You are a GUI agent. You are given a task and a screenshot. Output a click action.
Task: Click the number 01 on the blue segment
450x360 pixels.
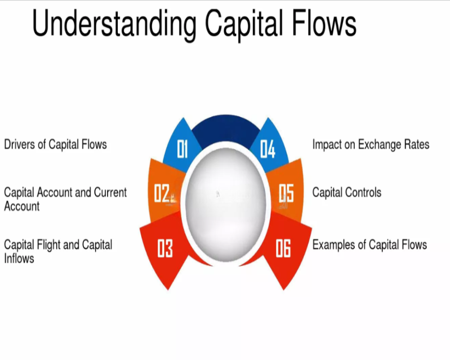pyautogui.click(x=182, y=149)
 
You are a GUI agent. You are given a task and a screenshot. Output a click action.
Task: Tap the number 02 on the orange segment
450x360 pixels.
pyautogui.click(x=162, y=193)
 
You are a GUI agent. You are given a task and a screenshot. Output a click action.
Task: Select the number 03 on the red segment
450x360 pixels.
pyautogui.click(x=165, y=248)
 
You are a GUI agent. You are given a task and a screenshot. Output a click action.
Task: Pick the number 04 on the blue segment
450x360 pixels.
pyautogui.click(x=267, y=149)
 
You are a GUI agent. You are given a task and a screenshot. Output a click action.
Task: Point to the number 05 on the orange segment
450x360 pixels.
pyautogui.click(x=286, y=193)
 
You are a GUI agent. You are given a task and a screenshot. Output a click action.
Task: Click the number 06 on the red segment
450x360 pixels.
pyautogui.click(x=283, y=248)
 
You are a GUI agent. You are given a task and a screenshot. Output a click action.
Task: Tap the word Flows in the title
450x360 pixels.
pyautogui.click(x=324, y=22)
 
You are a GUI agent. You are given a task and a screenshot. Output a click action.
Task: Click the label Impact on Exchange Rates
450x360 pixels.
pyautogui.click(x=371, y=144)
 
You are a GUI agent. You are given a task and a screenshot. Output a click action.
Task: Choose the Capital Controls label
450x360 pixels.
pyautogui.click(x=346, y=192)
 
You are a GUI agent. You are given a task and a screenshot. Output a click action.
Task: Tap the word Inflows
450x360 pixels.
pyautogui.click(x=19, y=258)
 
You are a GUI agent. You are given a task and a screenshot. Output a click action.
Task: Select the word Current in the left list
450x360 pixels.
pyautogui.click(x=110, y=192)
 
